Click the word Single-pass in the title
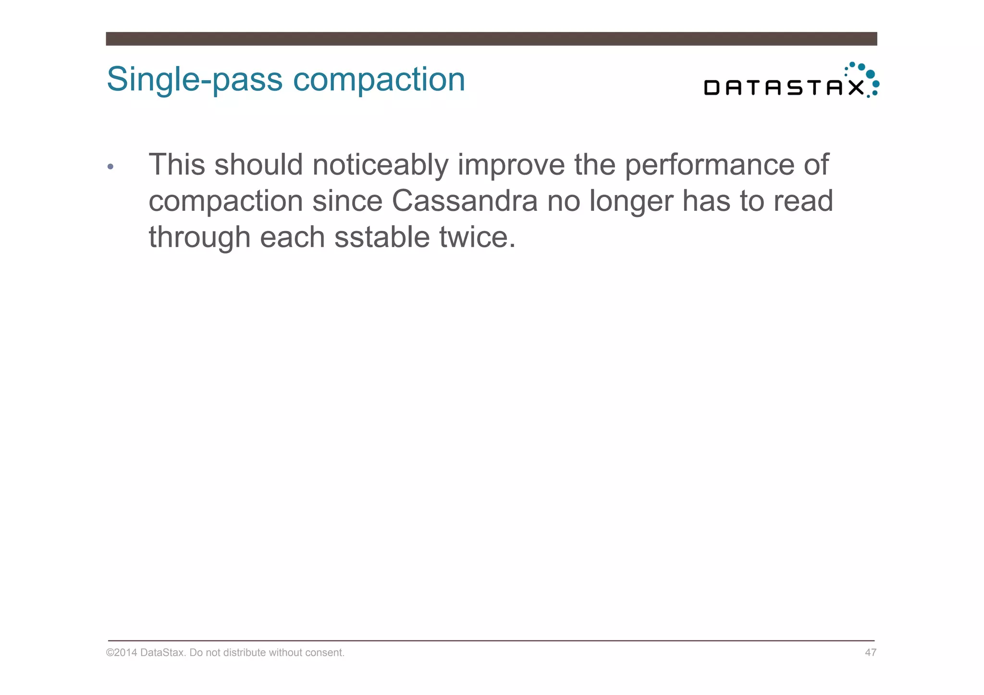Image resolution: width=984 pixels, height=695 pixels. [195, 80]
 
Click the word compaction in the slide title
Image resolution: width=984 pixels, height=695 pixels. [379, 80]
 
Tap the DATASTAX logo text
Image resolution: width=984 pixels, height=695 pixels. [783, 88]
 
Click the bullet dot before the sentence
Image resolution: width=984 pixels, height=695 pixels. [111, 167]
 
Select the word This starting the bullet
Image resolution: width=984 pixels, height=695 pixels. [177, 165]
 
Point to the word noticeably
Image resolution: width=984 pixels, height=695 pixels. [380, 165]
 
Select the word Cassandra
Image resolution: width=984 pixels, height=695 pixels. [465, 201]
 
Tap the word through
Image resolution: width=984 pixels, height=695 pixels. [199, 238]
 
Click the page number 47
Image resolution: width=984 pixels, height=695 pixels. [871, 652]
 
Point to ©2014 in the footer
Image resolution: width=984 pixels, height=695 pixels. [122, 652]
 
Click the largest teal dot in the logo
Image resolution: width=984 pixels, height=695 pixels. [870, 74]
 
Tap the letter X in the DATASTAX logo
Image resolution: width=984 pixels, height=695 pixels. [856, 88]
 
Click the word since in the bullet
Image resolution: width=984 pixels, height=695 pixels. [347, 201]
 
